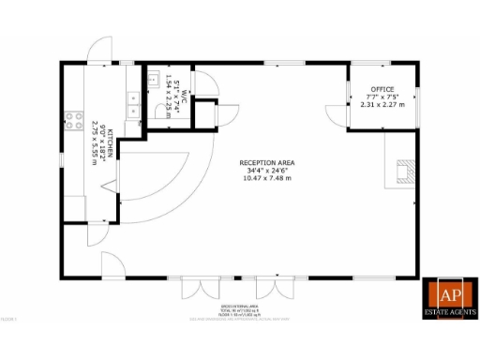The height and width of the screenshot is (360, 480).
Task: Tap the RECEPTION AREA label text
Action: point(267,163)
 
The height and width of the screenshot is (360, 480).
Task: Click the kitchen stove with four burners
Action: point(71,119)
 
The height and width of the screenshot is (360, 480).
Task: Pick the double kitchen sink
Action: point(132,98)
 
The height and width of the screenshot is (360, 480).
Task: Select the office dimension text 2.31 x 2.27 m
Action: point(382,104)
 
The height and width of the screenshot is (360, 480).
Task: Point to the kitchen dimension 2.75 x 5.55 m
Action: point(95,142)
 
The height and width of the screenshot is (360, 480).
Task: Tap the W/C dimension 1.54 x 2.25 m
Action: point(170,92)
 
